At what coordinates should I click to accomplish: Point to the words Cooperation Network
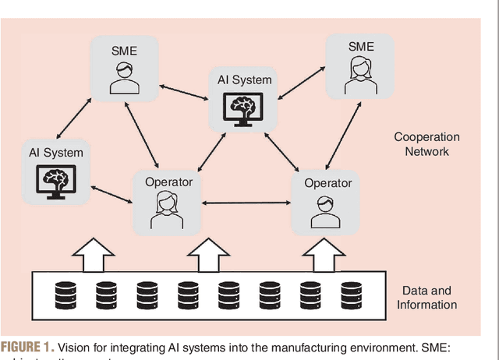click(426, 144)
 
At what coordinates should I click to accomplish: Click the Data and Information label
click(426, 297)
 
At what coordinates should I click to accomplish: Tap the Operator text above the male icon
click(323, 182)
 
